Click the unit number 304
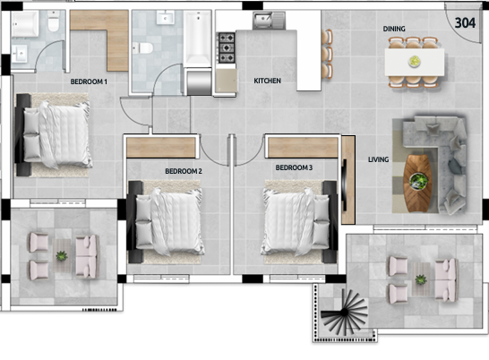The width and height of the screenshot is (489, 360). pyautogui.click(x=465, y=22)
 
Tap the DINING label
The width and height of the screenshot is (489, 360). pyautogui.click(x=394, y=29)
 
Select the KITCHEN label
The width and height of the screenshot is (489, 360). pyautogui.click(x=267, y=81)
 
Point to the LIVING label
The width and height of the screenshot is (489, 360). pyautogui.click(x=378, y=159)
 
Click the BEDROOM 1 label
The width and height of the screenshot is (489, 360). pyautogui.click(x=89, y=81)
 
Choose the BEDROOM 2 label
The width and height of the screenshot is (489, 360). pyautogui.click(x=184, y=171)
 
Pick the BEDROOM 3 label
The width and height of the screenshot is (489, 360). pyautogui.click(x=294, y=167)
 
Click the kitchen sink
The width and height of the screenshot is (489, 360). pyautogui.click(x=269, y=21)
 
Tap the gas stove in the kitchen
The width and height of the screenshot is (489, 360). pyautogui.click(x=226, y=47)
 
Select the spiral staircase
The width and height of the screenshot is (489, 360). pyautogui.click(x=344, y=312)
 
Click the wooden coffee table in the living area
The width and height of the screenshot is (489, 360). pyautogui.click(x=417, y=183)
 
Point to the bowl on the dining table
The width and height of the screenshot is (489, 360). pyautogui.click(x=415, y=61)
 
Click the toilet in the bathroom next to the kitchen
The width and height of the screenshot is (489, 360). pyautogui.click(x=142, y=48)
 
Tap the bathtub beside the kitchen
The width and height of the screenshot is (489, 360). pyautogui.click(x=197, y=39)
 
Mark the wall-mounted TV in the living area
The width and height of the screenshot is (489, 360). pyautogui.click(x=345, y=185)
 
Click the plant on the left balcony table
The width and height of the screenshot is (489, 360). pyautogui.click(x=62, y=256)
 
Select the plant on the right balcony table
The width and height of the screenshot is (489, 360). pyautogui.click(x=421, y=279)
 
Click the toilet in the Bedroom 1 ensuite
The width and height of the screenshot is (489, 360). pyautogui.click(x=54, y=21)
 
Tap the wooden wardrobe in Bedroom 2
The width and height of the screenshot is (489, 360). pyautogui.click(x=161, y=147)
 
